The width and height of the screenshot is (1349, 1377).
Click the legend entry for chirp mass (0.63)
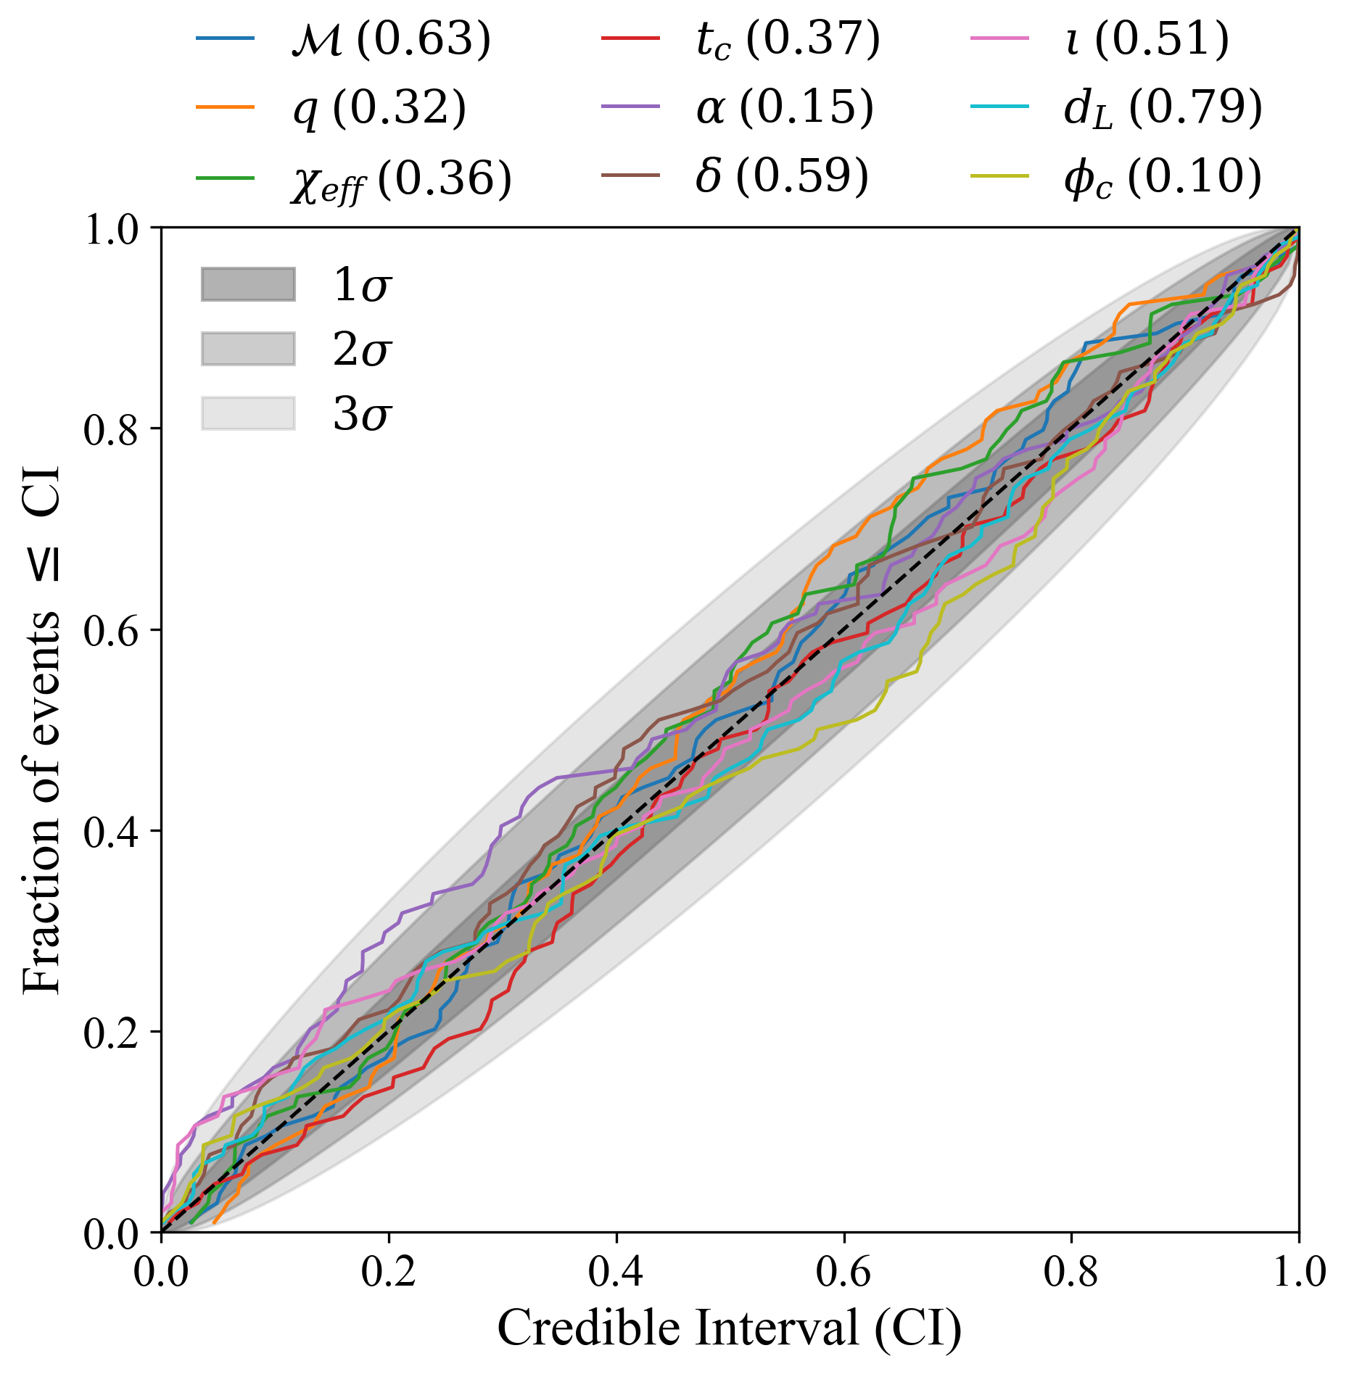[x=390, y=39]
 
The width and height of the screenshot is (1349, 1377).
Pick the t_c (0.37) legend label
[x=788, y=39]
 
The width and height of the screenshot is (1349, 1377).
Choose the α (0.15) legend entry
[x=784, y=109]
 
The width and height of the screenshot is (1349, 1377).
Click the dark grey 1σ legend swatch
[x=248, y=284]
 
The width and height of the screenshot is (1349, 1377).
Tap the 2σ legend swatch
[x=248, y=349]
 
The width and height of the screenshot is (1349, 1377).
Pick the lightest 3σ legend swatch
[x=248, y=413]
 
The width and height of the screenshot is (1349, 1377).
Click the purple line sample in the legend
[x=630, y=107]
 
